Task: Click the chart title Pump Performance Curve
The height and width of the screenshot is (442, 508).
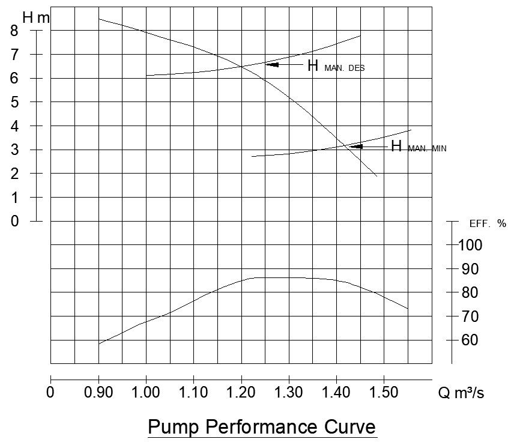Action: pyautogui.click(x=261, y=427)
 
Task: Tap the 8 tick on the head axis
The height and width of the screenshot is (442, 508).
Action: pyautogui.click(x=14, y=31)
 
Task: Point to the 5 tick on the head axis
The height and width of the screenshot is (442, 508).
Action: pyautogui.click(x=14, y=102)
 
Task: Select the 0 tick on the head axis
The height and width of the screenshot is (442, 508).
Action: pyautogui.click(x=14, y=221)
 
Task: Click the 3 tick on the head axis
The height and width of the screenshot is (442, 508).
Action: pyautogui.click(x=14, y=150)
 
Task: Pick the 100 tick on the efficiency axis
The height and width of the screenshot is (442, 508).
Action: pyautogui.click(x=470, y=245)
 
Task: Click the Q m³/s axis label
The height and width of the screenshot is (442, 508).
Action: pyautogui.click(x=461, y=393)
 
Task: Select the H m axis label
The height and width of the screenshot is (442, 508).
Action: pyautogui.click(x=35, y=18)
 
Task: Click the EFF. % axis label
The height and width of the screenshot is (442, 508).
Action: pyautogui.click(x=487, y=224)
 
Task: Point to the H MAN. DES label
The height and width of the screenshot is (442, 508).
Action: pyautogui.click(x=336, y=66)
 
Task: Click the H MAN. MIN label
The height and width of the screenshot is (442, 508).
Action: pyautogui.click(x=419, y=147)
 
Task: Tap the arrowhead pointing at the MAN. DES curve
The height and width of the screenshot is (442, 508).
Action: pyautogui.click(x=271, y=64)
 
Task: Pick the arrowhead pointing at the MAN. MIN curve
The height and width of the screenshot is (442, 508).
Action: pyautogui.click(x=356, y=146)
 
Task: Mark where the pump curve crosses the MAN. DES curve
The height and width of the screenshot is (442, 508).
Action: pyautogui.click(x=241, y=66)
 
